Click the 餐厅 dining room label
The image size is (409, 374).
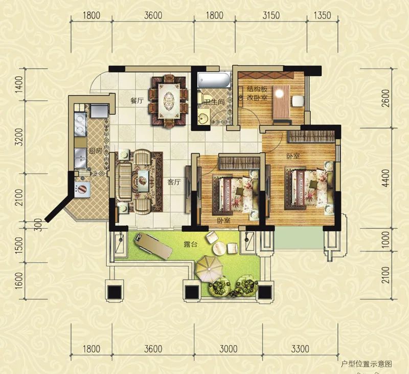point(137,101)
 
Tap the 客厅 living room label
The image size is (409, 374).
point(174,182)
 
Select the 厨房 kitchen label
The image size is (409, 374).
point(96,151)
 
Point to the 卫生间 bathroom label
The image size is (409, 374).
point(215,102)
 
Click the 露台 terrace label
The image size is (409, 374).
point(190,245)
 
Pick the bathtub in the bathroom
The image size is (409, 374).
point(214,80)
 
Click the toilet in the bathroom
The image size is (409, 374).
point(202,97)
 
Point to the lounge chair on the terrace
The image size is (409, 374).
point(153,246)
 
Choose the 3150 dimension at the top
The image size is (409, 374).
point(271,15)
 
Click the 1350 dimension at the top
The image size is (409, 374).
point(322,15)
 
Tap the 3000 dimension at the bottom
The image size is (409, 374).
point(228,349)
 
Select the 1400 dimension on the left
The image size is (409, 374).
point(20,84)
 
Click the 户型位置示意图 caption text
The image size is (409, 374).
point(367,364)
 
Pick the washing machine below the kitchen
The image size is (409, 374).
point(82,189)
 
